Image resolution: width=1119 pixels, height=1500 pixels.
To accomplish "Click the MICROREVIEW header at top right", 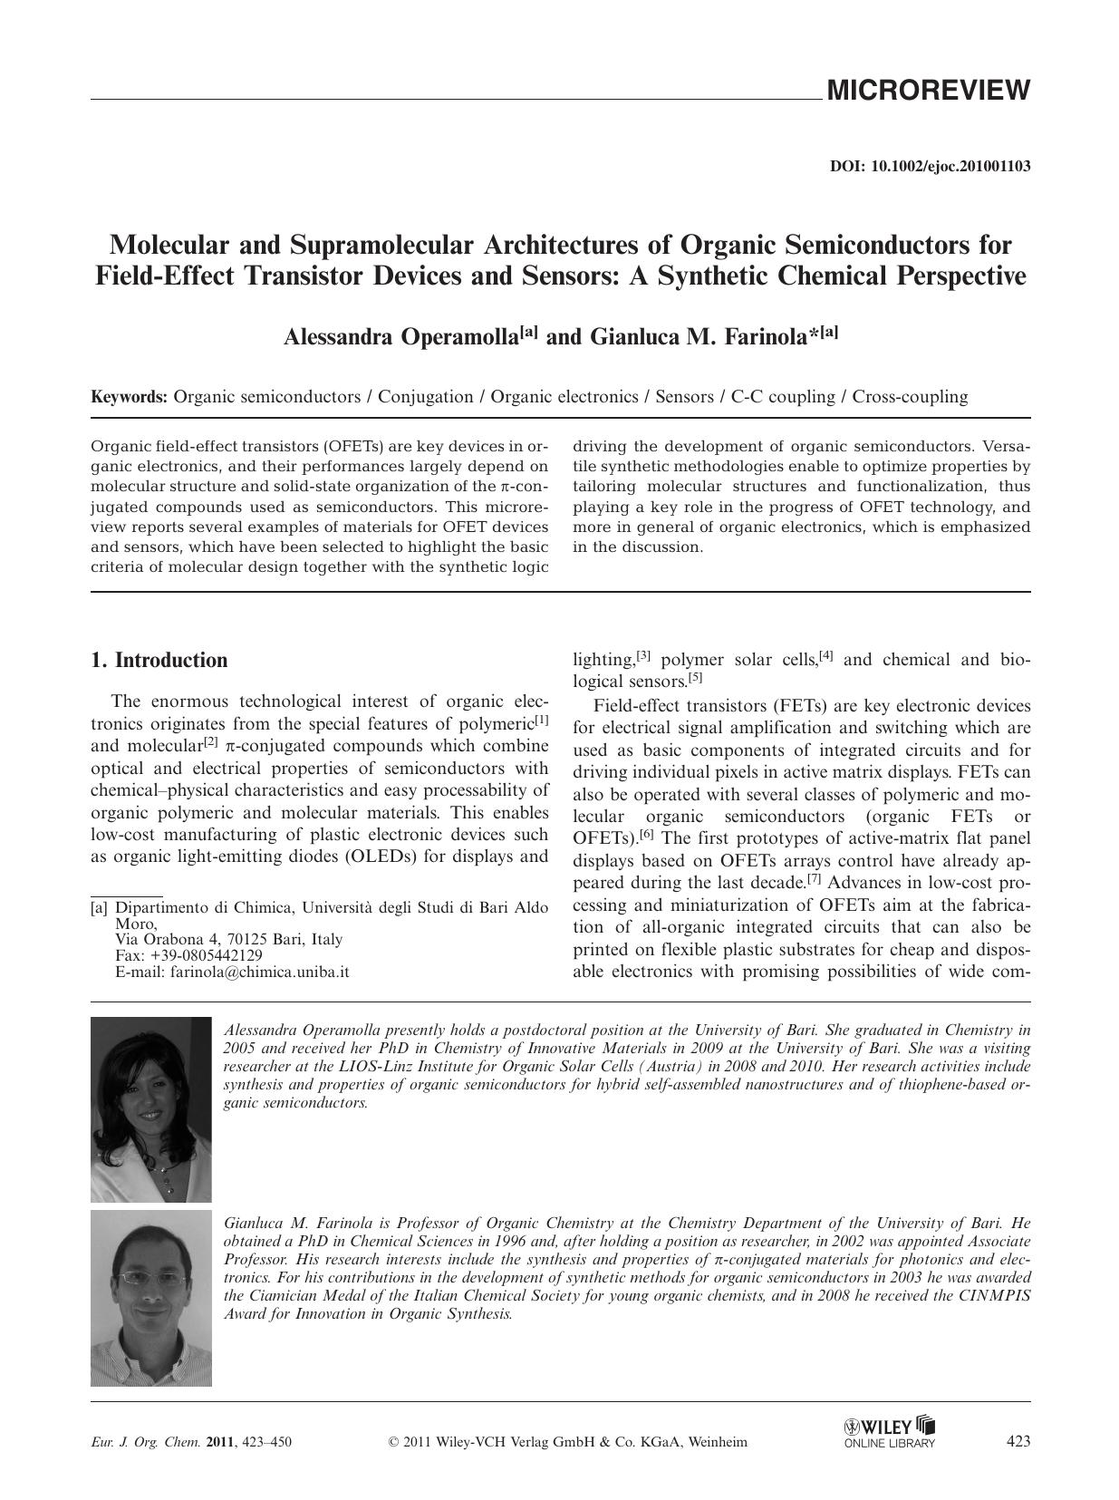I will pyautogui.click(x=927, y=91).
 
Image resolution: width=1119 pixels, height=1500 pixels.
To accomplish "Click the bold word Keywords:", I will pyautogui.click(x=129, y=397).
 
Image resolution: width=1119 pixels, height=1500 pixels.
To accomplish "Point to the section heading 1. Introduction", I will pyautogui.click(x=159, y=660).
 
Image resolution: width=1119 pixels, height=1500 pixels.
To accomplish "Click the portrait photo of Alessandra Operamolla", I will pyautogui.click(x=150, y=1109).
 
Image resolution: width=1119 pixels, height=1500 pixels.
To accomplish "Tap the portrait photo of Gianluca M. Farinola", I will pyautogui.click(x=150, y=1298).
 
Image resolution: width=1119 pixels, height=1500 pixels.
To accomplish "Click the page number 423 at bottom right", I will pyautogui.click(x=1018, y=1441).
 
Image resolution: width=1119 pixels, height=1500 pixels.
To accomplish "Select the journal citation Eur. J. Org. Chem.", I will pyautogui.click(x=139, y=1442).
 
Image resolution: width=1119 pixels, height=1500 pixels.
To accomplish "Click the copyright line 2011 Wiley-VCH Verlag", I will pyautogui.click(x=567, y=1442).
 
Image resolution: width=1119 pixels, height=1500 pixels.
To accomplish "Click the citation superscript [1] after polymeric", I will pyautogui.click(x=541, y=721).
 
